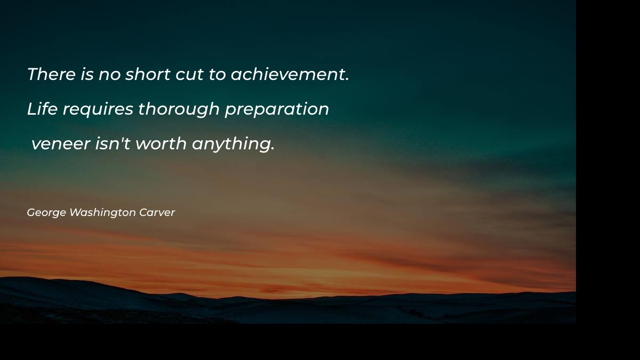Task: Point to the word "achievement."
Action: click(290, 74)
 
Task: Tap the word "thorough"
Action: click(179, 109)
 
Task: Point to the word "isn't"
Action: click(113, 143)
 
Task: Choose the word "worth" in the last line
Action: click(161, 143)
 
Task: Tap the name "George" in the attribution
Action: click(46, 213)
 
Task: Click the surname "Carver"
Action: click(157, 212)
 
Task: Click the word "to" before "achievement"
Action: click(217, 75)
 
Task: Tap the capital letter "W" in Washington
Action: click(75, 212)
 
